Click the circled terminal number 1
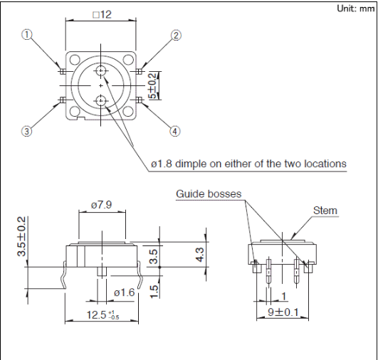tap(27, 35)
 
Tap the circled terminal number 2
tap(177, 36)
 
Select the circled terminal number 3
tap(26, 132)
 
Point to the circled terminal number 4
tap(175, 132)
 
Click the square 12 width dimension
tap(103, 15)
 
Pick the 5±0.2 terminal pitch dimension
tap(153, 86)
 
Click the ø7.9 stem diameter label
tap(102, 205)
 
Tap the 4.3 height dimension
tap(200, 255)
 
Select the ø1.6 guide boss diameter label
tap(125, 292)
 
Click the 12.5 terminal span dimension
tap(103, 314)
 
